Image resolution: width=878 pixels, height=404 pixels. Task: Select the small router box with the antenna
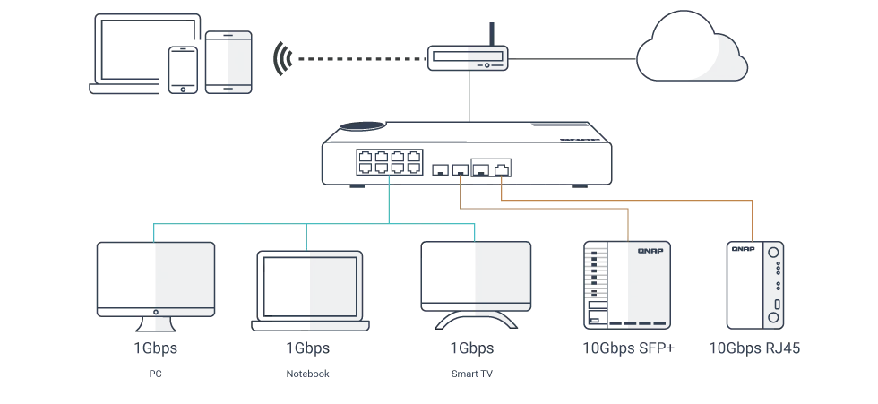point(466,59)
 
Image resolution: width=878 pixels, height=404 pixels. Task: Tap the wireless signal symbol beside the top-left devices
point(281,57)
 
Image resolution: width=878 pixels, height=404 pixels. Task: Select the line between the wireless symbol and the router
point(358,60)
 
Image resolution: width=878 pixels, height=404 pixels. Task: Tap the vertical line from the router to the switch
point(468,94)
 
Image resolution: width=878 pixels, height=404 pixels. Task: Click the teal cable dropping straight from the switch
point(391,202)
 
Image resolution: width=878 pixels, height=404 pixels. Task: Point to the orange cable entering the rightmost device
point(753,224)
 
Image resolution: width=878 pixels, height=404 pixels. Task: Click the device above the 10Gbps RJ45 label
point(755,282)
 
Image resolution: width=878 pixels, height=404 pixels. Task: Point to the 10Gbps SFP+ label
point(626,348)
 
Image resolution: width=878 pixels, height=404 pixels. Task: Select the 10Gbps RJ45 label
point(755,348)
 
